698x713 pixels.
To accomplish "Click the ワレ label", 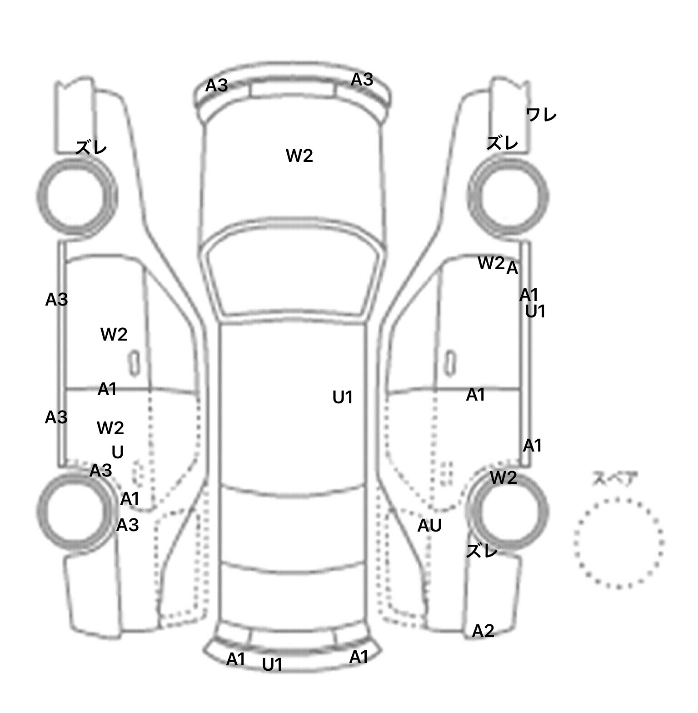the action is tap(541, 115).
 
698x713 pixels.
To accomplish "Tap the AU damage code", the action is tap(429, 526).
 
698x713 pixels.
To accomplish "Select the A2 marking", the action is tap(483, 631).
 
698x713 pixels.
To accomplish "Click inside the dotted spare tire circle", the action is tap(618, 542).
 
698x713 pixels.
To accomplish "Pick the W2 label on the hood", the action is tap(299, 156).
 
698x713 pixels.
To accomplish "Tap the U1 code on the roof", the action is tap(343, 397).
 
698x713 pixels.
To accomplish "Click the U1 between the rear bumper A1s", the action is tap(272, 665).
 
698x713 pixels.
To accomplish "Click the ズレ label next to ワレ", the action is tap(502, 143).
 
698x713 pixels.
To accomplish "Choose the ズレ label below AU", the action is tap(482, 551).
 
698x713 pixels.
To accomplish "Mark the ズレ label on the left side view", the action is tap(91, 147).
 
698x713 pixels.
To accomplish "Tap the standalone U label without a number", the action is tap(118, 452).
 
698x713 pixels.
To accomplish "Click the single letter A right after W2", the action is tap(512, 268).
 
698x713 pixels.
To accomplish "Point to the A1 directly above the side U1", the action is tap(528, 295).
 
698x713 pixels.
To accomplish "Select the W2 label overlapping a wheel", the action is tap(504, 477).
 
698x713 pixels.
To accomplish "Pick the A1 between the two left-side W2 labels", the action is tap(107, 389).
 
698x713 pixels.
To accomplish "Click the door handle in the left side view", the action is tap(134, 363).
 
